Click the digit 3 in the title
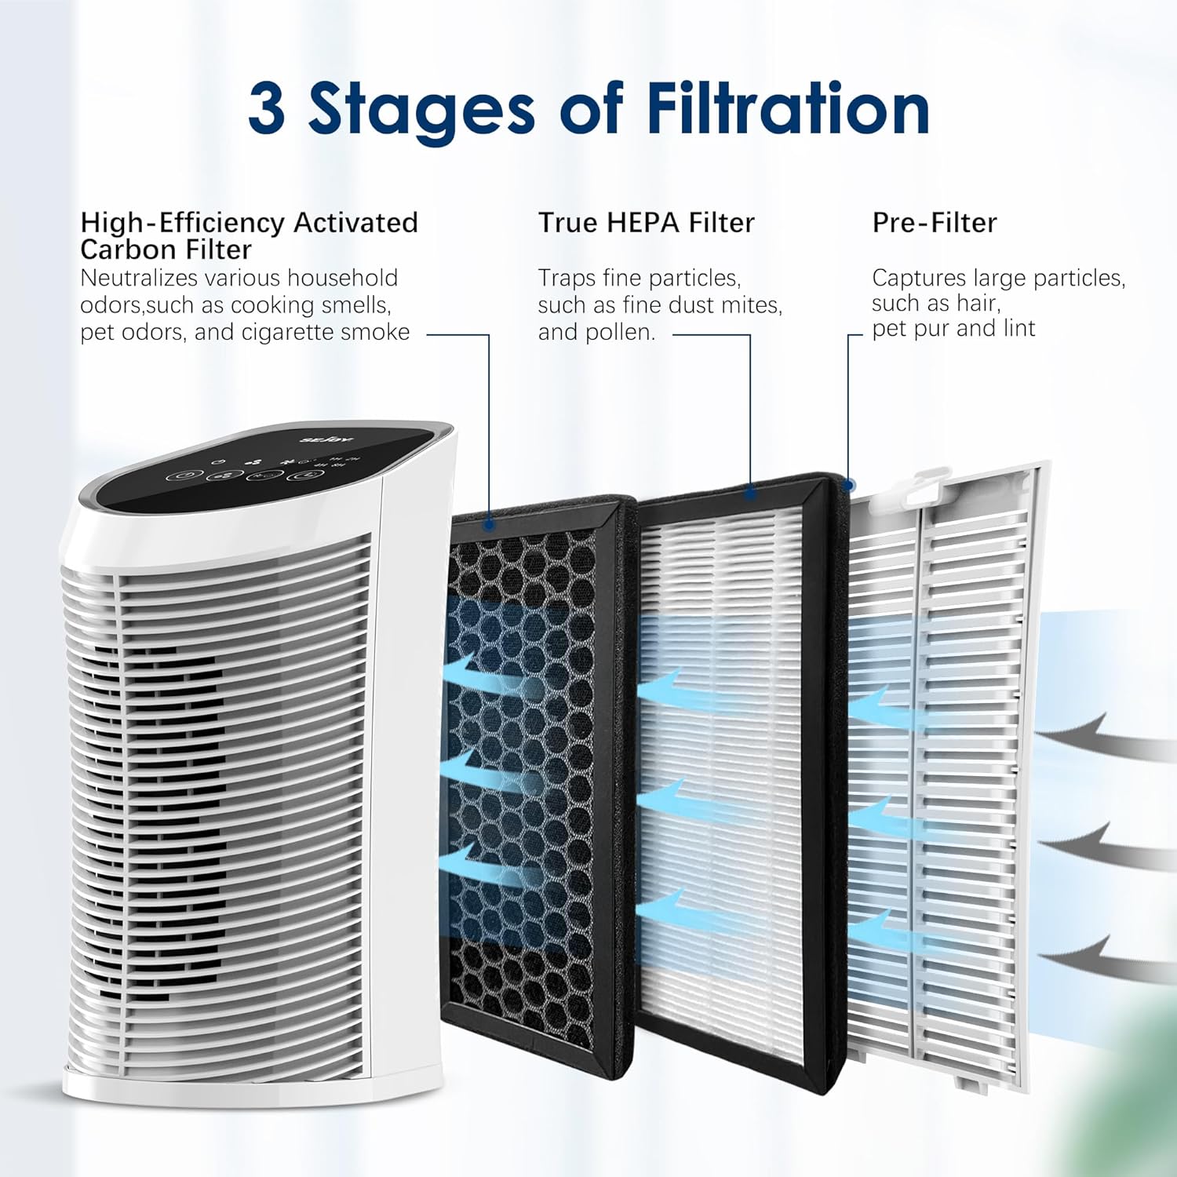pyautogui.click(x=266, y=108)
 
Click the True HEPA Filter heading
pyautogui.click(x=646, y=223)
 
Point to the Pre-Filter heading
pyautogui.click(x=935, y=223)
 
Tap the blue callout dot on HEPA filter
pyautogui.click(x=751, y=493)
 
